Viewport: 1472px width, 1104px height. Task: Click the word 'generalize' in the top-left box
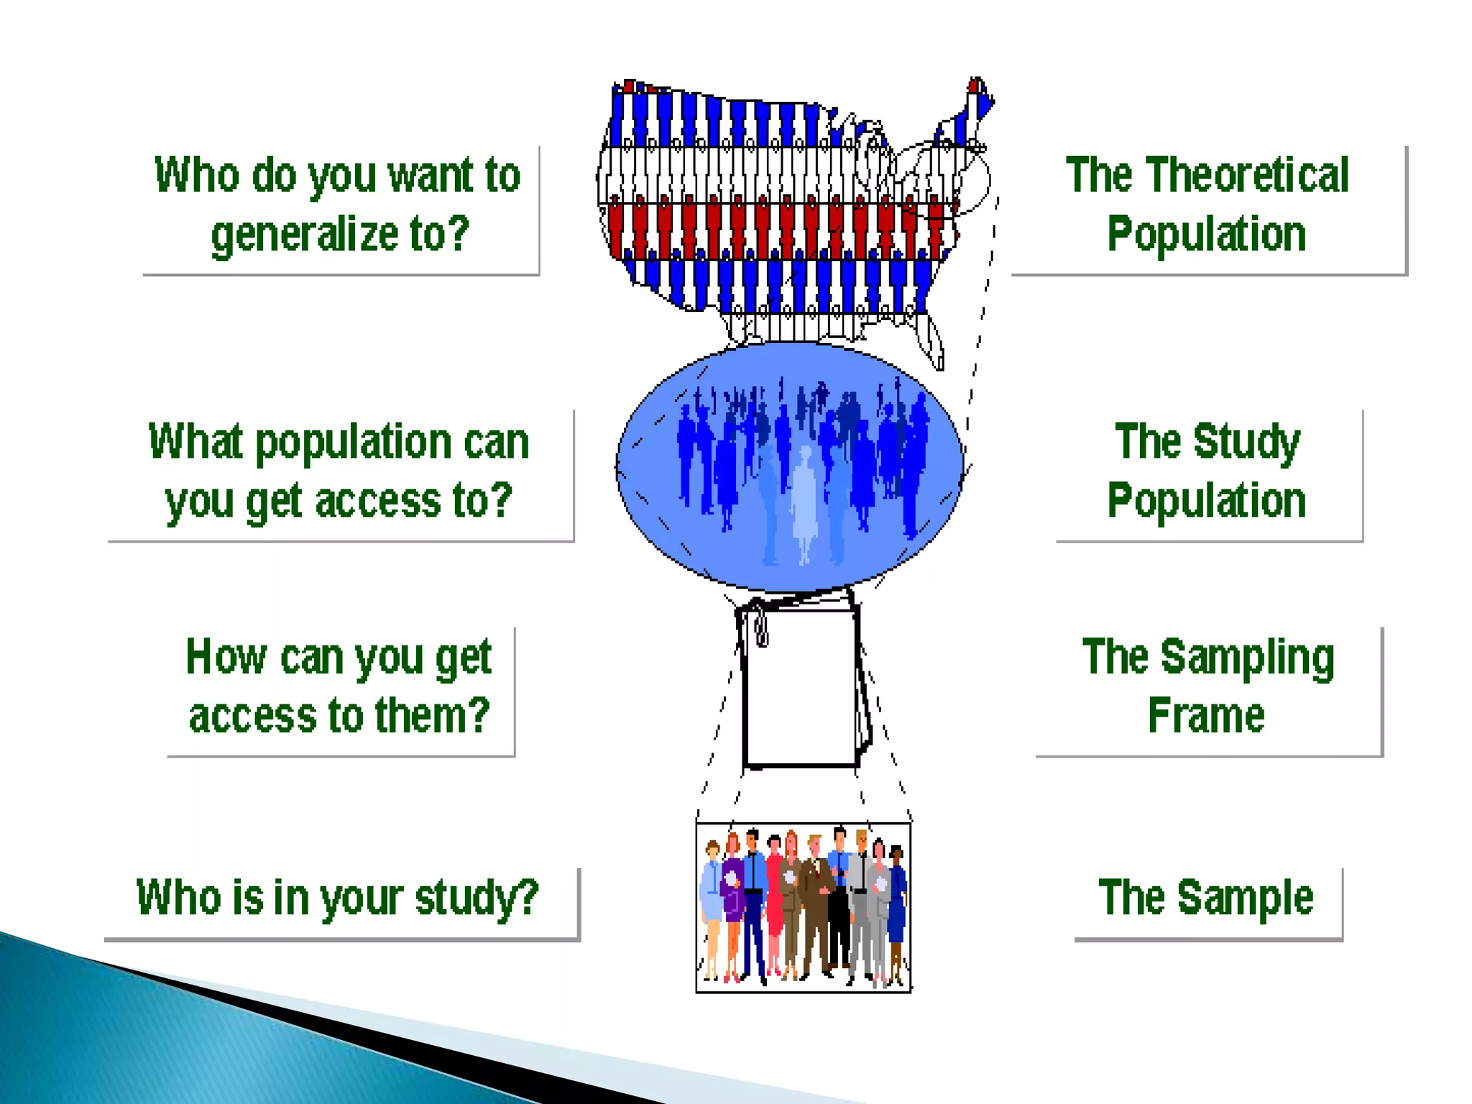(x=305, y=235)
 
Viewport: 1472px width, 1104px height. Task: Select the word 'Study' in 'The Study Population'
(x=1246, y=441)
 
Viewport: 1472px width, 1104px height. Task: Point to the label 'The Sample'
(x=1206, y=897)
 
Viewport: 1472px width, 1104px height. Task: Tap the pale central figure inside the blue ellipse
(x=804, y=503)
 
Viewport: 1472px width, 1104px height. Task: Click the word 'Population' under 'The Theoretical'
(x=1206, y=234)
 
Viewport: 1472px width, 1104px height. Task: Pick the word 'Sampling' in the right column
(x=1247, y=658)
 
